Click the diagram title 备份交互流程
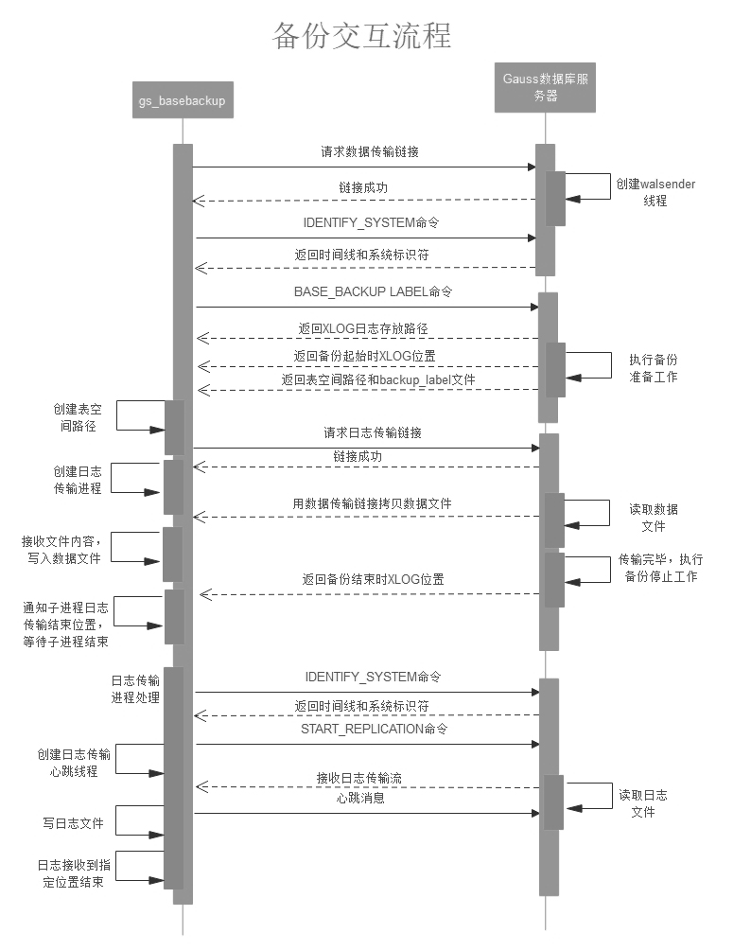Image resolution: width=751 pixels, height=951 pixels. (362, 36)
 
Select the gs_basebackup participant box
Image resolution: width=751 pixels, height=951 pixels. (182, 100)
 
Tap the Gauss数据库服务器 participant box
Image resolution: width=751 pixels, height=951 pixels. (545, 88)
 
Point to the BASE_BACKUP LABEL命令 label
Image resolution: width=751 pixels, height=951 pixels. (373, 291)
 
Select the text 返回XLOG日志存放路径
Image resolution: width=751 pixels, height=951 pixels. (365, 328)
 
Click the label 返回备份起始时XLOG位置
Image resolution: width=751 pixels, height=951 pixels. (364, 356)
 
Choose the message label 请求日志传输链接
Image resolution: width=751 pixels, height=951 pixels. (373, 432)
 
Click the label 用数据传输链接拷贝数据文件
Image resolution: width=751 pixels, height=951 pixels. (372, 503)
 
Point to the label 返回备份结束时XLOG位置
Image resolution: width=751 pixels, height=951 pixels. (373, 579)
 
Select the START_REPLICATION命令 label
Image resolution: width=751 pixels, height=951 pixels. (374, 730)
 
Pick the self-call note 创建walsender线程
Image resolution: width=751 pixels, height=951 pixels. (655, 192)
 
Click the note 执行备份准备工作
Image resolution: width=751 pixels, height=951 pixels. (654, 368)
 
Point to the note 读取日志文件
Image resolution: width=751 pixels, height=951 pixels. (643, 803)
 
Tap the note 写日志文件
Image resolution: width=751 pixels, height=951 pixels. (73, 823)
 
